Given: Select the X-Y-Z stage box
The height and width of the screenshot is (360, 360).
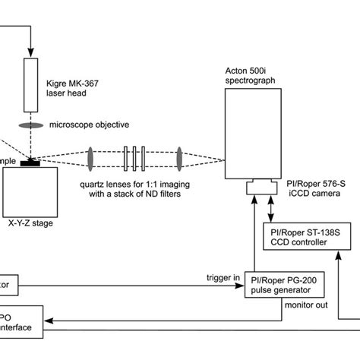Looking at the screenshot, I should point(32,185).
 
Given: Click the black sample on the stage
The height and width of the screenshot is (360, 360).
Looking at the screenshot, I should point(33,162).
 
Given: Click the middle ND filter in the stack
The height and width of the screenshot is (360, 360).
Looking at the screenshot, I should point(134,159).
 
